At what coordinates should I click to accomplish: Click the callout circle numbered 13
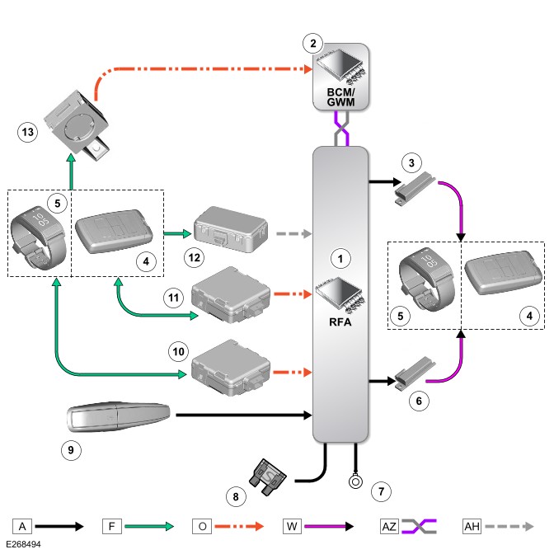click(x=28, y=132)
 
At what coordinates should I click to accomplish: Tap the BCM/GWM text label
click(x=340, y=97)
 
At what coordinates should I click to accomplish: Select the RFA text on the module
click(x=340, y=322)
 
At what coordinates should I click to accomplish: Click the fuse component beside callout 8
click(x=268, y=477)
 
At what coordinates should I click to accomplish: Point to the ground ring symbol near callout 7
click(x=355, y=481)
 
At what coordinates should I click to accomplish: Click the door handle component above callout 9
click(x=119, y=416)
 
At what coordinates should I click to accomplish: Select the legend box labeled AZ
click(x=389, y=527)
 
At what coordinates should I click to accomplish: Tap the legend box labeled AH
click(x=472, y=527)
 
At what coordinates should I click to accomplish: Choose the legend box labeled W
click(x=292, y=527)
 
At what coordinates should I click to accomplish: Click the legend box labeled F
click(x=112, y=527)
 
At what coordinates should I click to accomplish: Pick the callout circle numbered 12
click(x=195, y=257)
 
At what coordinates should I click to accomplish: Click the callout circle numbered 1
click(x=340, y=259)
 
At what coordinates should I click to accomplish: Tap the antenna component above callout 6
click(x=415, y=373)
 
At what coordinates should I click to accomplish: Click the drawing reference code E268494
click(x=23, y=544)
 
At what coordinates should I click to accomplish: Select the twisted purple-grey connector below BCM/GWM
click(x=341, y=129)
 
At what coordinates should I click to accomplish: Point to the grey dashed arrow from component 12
click(x=294, y=233)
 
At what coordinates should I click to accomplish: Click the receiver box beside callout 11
click(x=231, y=294)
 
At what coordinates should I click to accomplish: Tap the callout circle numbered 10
click(x=178, y=351)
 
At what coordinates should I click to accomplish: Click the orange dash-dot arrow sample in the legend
click(x=239, y=527)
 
